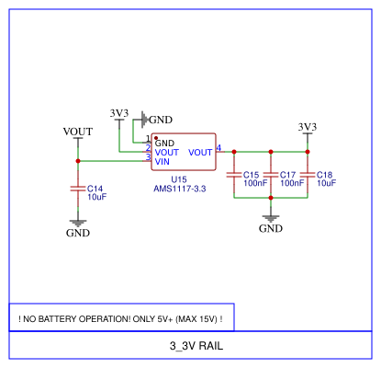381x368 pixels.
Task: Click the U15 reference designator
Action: coord(179,179)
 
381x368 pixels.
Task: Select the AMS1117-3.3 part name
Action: coord(179,189)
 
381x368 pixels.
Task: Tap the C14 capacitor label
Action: coord(95,189)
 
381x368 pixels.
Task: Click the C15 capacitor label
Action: coord(251,175)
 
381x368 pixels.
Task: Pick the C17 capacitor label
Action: coord(288,175)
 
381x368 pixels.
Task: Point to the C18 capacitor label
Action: coord(325,175)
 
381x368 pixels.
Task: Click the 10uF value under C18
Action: coord(326,183)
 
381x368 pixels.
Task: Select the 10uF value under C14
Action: coord(97,197)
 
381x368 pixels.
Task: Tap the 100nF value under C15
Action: coord(254,183)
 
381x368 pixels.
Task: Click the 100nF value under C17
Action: coord(292,183)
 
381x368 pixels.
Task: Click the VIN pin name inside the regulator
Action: coord(162,162)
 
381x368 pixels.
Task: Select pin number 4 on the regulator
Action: coord(219,149)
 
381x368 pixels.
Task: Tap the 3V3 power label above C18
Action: coord(308,126)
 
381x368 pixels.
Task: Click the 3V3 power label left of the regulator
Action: coord(118,113)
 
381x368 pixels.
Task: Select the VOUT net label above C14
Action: coord(78,132)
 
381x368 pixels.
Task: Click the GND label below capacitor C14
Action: coord(78,233)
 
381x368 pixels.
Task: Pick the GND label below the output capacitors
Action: coord(270,228)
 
